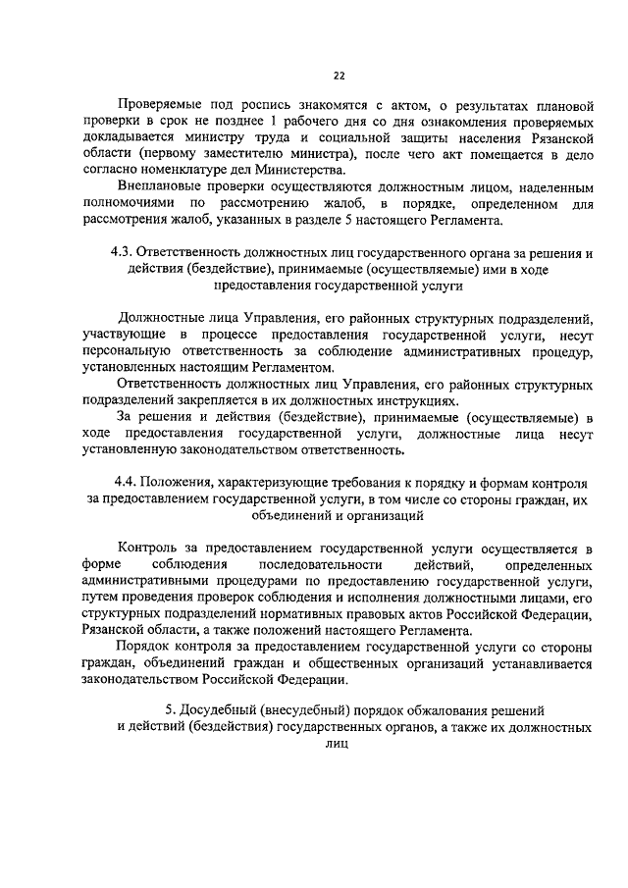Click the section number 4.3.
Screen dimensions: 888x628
click(129, 251)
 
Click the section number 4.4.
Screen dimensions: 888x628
click(129, 482)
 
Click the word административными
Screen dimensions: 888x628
click(149, 582)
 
